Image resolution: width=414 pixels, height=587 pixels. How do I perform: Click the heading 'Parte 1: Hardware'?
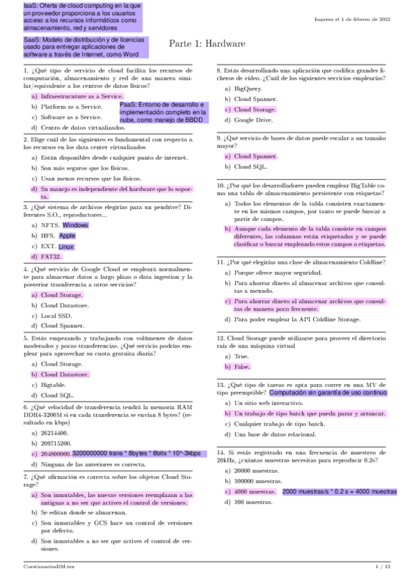(207, 44)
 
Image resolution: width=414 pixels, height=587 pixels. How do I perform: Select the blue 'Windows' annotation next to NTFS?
(75, 225)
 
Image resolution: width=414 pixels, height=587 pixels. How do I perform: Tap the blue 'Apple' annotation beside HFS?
(67, 235)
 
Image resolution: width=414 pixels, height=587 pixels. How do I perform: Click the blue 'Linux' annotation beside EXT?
(66, 246)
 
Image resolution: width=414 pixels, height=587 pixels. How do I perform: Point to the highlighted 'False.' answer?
(241, 366)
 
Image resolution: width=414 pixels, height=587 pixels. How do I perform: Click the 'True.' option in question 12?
(241, 356)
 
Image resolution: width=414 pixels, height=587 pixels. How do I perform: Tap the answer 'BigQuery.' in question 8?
(248, 89)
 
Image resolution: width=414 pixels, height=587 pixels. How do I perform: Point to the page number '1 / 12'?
(382, 566)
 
